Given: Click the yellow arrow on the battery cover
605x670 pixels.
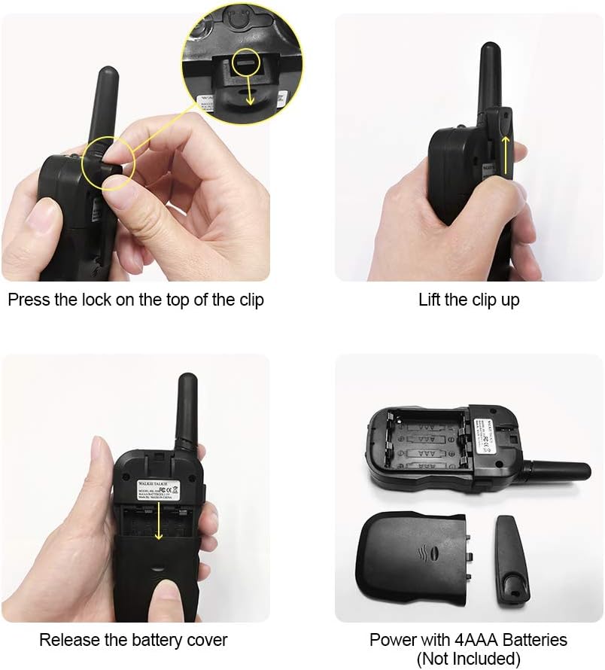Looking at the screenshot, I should (159, 523).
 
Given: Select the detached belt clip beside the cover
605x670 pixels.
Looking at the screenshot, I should (512, 556).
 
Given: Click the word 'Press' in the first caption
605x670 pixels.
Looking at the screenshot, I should (29, 300).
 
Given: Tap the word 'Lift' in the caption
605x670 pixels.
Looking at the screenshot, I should (430, 300).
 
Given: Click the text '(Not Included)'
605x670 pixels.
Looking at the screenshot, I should (468, 659).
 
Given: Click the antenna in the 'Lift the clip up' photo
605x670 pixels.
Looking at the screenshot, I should (489, 75).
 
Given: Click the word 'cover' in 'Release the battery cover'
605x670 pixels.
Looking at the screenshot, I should (206, 641).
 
